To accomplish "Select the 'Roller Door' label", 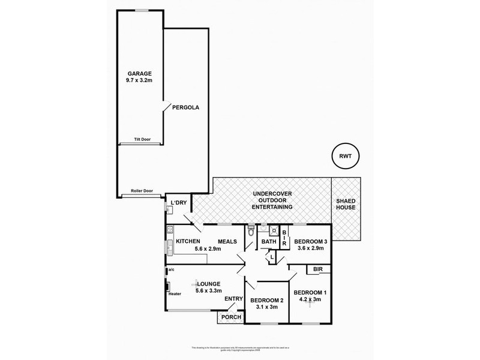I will coord(142,191).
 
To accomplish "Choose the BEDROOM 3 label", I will coord(310,242).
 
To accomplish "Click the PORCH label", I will coord(230,317).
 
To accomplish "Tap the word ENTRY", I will coord(233,298).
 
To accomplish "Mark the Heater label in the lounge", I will coord(175,293).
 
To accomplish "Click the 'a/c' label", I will coord(171,270).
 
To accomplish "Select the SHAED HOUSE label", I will coord(346,203).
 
